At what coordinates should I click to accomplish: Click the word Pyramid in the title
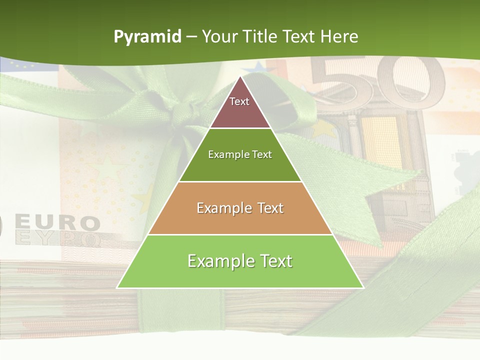click(x=147, y=37)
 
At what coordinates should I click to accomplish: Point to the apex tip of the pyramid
click(x=240, y=77)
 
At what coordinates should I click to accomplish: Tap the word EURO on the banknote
click(x=57, y=222)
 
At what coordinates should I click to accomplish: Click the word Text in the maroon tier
click(x=239, y=101)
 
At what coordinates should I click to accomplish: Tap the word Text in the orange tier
click(x=267, y=208)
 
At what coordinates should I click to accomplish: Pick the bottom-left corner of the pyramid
click(x=117, y=287)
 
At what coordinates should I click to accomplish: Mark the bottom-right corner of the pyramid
click(x=363, y=287)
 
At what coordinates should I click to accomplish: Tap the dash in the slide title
click(x=191, y=37)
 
